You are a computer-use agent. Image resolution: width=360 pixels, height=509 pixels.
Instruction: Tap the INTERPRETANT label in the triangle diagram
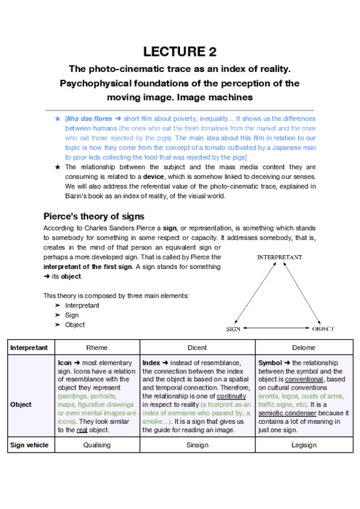[x=279, y=257]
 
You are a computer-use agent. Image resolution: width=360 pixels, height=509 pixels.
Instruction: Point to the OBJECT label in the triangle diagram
[x=322, y=329]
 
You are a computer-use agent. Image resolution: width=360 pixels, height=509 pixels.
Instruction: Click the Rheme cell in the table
[x=98, y=348]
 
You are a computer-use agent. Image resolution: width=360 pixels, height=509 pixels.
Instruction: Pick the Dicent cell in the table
[x=197, y=348]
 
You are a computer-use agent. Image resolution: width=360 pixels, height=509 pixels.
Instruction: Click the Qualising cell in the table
[x=98, y=445]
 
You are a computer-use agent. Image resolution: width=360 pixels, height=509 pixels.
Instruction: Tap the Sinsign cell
[x=197, y=445]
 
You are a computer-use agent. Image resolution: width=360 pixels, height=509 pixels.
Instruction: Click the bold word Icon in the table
[x=65, y=363]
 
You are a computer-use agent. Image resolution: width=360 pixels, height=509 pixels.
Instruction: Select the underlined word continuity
[x=231, y=396]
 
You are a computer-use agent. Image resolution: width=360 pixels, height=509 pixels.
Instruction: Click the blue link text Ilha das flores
[x=89, y=119]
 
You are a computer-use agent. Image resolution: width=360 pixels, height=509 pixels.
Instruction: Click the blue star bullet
[x=57, y=119]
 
